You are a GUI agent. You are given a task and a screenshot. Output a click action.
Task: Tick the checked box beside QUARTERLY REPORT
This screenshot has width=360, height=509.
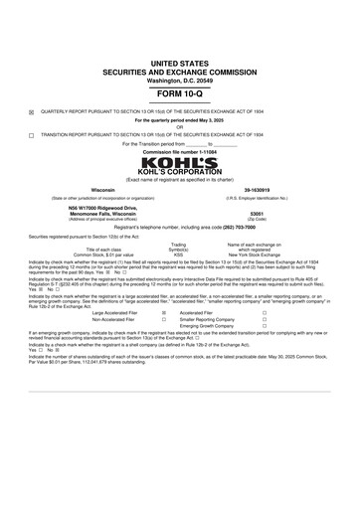coord(32,111)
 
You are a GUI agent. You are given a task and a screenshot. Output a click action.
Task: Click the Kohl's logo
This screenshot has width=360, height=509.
coord(179,161)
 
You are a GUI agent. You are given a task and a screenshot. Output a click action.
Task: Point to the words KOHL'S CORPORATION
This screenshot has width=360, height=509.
coord(179,173)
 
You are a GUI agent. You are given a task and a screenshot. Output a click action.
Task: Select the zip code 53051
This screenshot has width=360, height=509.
coord(257,213)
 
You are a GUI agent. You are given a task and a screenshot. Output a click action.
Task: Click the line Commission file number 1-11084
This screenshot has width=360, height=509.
coord(179,151)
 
